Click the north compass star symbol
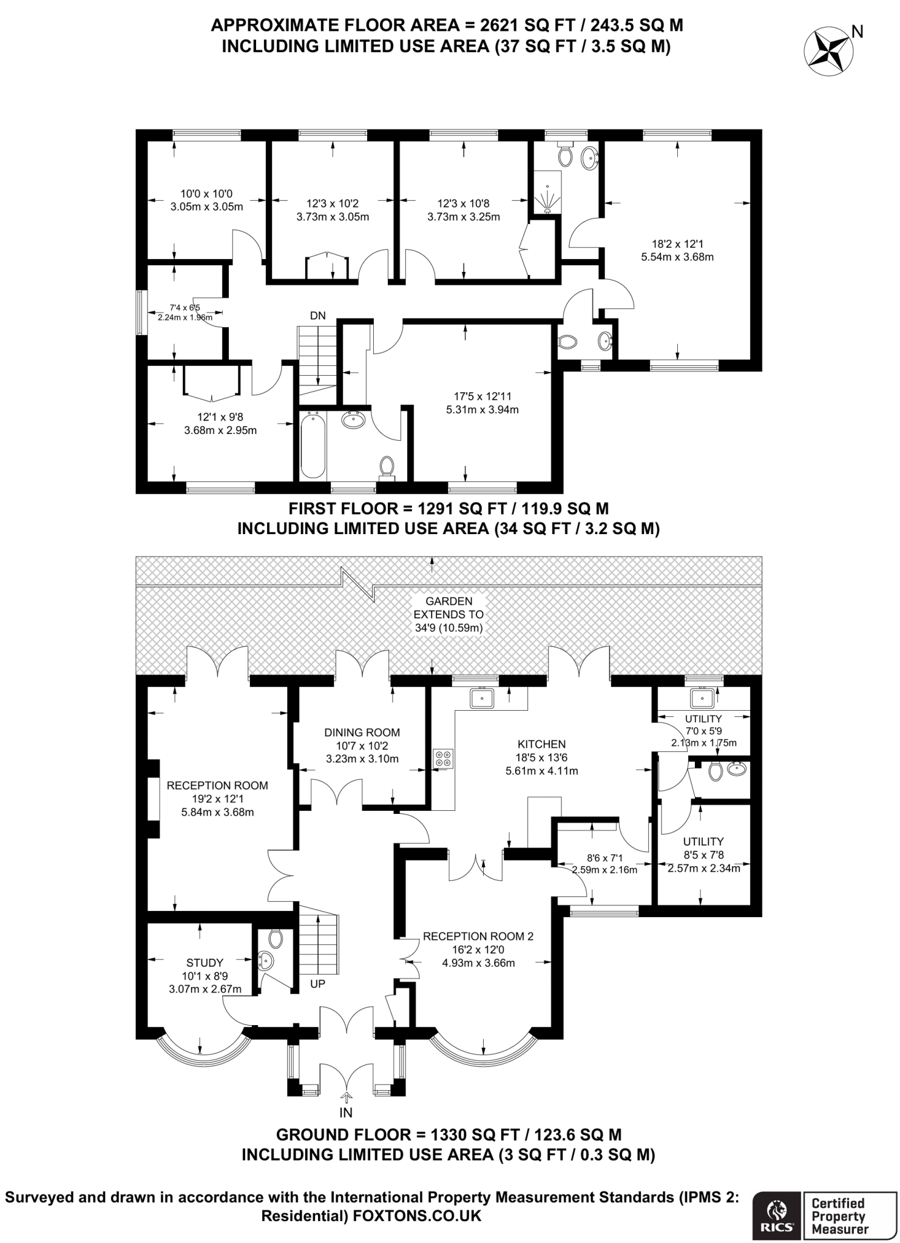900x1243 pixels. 828,50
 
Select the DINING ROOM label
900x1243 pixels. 362,732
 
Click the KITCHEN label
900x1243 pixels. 541,744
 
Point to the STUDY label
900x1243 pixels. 205,963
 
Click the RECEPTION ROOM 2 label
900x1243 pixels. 478,936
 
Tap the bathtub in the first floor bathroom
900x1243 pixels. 313,445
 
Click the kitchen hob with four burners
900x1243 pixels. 443,758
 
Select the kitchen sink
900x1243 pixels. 483,698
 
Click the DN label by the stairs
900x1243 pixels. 317,316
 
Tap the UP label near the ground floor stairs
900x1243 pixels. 318,984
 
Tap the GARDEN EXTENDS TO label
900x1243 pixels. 449,608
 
